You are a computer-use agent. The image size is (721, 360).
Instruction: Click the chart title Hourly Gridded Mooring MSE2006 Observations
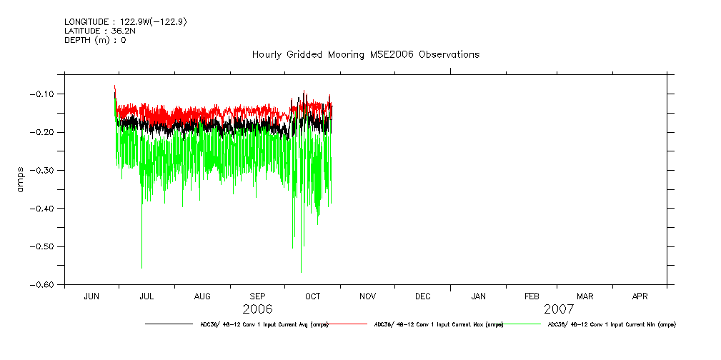[x=365, y=55]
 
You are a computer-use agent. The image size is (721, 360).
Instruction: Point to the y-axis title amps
[x=22, y=179]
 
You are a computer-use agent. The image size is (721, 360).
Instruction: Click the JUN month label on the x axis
[x=91, y=296]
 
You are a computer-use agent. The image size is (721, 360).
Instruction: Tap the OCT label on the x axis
[x=312, y=296]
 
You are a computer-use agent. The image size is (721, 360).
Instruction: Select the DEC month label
[x=422, y=296]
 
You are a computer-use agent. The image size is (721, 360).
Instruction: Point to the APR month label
[x=640, y=296]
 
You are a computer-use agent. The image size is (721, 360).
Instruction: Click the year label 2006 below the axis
[x=257, y=309]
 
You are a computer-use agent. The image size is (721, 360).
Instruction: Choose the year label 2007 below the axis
[x=559, y=309]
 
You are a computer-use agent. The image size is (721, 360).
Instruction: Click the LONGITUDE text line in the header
[x=126, y=22]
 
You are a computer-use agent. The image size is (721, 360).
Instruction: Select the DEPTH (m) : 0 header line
[x=95, y=41]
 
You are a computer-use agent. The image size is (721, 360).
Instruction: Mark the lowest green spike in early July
[x=141, y=267]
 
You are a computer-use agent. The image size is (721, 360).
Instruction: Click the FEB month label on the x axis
[x=532, y=296]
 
